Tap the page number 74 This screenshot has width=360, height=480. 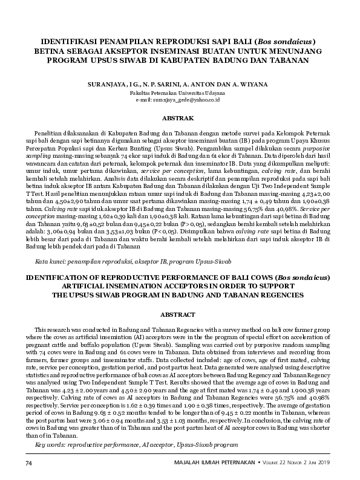point(28,462)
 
